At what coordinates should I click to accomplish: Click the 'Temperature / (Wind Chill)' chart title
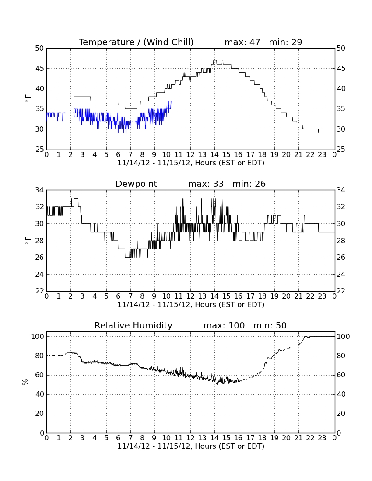pos(136,42)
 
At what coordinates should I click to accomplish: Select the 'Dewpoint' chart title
pos(136,184)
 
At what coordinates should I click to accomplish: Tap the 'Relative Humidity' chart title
pos(133,325)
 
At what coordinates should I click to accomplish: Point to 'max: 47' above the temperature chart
pos(242,42)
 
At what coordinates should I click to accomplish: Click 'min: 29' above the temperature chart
pos(286,42)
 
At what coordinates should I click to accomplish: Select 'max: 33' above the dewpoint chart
pos(206,184)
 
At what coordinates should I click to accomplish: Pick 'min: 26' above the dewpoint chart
pos(249,184)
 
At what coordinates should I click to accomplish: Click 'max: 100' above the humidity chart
pos(224,325)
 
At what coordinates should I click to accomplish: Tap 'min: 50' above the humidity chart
pos(270,325)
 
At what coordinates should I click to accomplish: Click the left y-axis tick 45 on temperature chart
pos(40,68)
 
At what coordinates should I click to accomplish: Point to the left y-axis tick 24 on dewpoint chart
pos(40,274)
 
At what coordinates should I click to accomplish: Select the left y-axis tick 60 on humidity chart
pos(40,375)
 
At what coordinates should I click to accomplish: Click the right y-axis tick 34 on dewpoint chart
pos(341,190)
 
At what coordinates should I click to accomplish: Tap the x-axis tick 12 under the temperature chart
pos(190,154)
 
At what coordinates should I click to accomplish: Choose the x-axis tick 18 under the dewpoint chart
pos(262,296)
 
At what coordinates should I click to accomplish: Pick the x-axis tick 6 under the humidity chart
pos(119,438)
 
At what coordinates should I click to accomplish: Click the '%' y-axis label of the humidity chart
pos(25,382)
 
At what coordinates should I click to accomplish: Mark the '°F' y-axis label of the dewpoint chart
pos(28,240)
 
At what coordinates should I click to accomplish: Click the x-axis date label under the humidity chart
pos(191,446)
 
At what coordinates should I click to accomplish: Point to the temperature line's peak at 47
pos(215,60)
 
